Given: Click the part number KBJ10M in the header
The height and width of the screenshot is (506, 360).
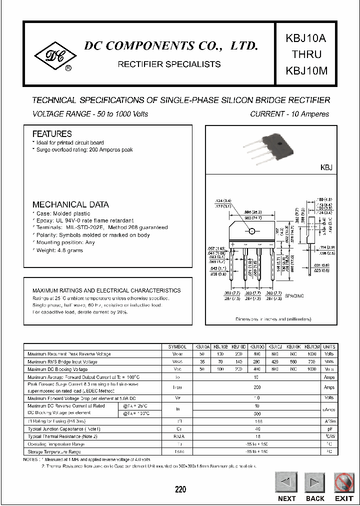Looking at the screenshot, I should click(306, 70).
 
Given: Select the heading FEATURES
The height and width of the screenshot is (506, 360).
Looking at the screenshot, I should click(52, 134).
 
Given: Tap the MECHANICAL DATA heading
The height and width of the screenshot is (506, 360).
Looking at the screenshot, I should click(70, 204).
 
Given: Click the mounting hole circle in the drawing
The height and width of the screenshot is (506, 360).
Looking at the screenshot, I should click(252, 230).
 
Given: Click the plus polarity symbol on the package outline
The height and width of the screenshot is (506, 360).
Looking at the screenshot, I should click(233, 244).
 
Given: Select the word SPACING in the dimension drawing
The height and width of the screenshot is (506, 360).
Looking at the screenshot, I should click(294, 296).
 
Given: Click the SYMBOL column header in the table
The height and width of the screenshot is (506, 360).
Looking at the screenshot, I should click(177, 346).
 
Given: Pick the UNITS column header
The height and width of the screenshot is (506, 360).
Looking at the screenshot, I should click(329, 346).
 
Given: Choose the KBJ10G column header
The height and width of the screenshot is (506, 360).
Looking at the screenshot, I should click(257, 346).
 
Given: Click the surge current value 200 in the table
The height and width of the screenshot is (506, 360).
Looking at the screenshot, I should click(257, 387).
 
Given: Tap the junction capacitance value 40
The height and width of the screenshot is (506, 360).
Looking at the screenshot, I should click(257, 428).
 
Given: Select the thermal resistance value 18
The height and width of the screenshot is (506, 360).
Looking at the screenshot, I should click(257, 436).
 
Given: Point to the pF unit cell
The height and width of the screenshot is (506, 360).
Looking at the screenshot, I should click(329, 428).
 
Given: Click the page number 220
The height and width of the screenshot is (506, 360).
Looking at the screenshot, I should click(180, 489).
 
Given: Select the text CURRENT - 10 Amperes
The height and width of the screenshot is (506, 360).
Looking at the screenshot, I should click(289, 114).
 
